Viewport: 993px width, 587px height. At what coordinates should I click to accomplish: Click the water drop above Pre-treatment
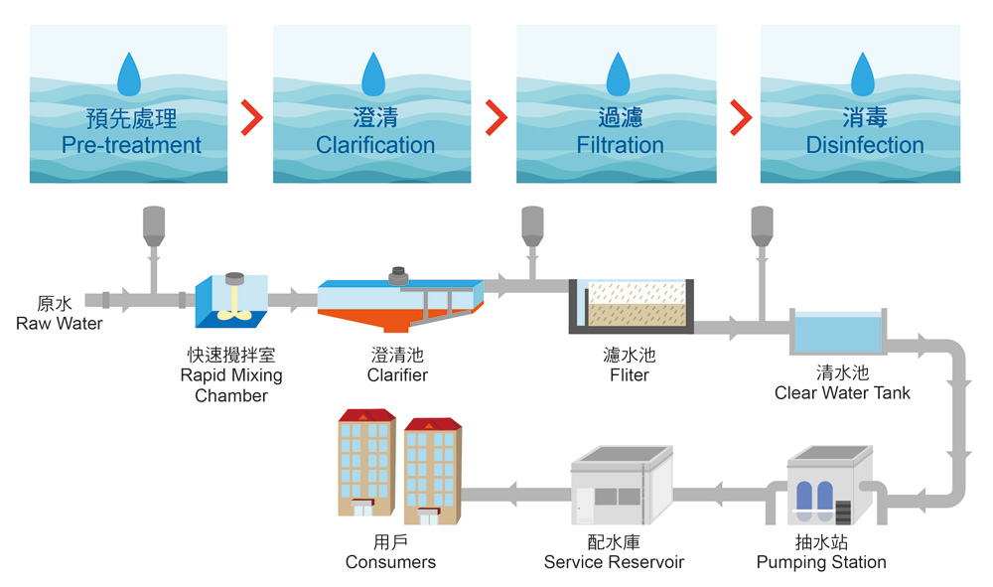click(x=131, y=74)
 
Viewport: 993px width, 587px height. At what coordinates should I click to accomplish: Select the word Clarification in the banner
click(x=375, y=145)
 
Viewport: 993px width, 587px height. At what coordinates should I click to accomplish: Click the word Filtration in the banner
click(x=620, y=145)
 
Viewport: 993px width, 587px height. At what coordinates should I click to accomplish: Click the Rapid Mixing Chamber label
click(x=231, y=375)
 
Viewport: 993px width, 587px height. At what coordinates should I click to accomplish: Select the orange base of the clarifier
click(x=367, y=320)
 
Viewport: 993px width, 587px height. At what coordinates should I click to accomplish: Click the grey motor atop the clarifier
click(x=400, y=275)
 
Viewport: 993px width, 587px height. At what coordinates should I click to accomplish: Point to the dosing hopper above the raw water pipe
click(x=153, y=226)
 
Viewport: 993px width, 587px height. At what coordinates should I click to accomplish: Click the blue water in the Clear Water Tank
click(x=836, y=331)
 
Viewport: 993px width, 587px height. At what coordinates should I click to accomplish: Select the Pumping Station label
click(x=821, y=562)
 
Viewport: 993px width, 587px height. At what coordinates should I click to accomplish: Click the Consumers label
click(x=390, y=562)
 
